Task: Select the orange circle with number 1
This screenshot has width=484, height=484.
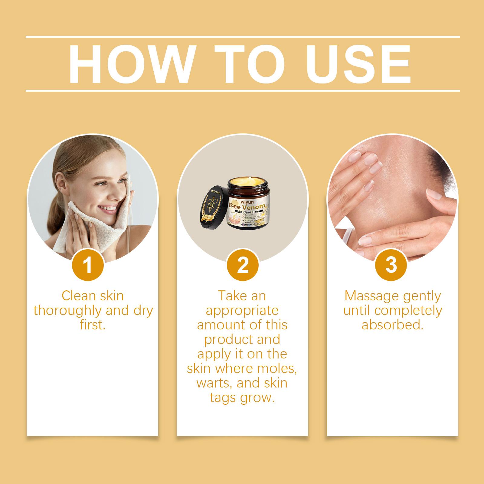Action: click(88, 266)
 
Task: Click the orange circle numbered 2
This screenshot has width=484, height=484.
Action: click(243, 266)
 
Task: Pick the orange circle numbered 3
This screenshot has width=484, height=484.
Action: click(391, 265)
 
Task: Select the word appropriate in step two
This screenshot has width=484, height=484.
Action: click(242, 311)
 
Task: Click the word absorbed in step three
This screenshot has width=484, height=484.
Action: click(392, 325)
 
